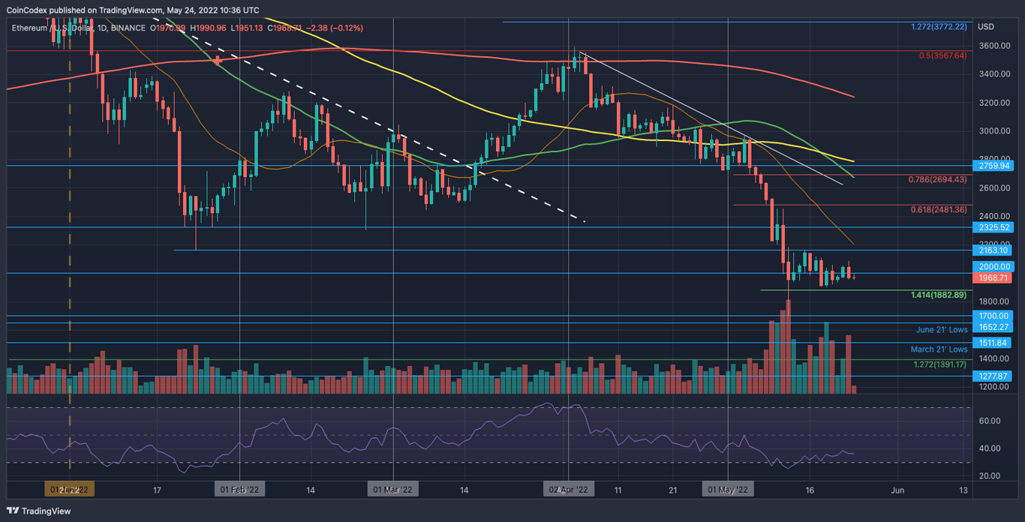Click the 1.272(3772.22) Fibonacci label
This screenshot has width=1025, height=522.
938,27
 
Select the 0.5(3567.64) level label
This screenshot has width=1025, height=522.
942,55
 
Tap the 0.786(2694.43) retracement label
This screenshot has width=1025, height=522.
937,179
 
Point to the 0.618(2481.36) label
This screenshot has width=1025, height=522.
937,209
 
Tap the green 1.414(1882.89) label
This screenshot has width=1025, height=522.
937,295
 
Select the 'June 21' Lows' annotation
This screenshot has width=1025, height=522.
941,330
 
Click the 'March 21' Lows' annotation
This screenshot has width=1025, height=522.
939,349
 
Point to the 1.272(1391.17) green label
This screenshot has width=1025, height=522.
939,364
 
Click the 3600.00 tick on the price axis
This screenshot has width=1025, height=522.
994,46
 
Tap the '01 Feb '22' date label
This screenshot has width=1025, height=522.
239,490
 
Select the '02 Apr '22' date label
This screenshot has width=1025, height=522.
568,490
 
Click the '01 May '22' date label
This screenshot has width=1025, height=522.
728,490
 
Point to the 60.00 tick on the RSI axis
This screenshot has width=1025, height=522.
989,421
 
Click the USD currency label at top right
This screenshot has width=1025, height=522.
985,27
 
